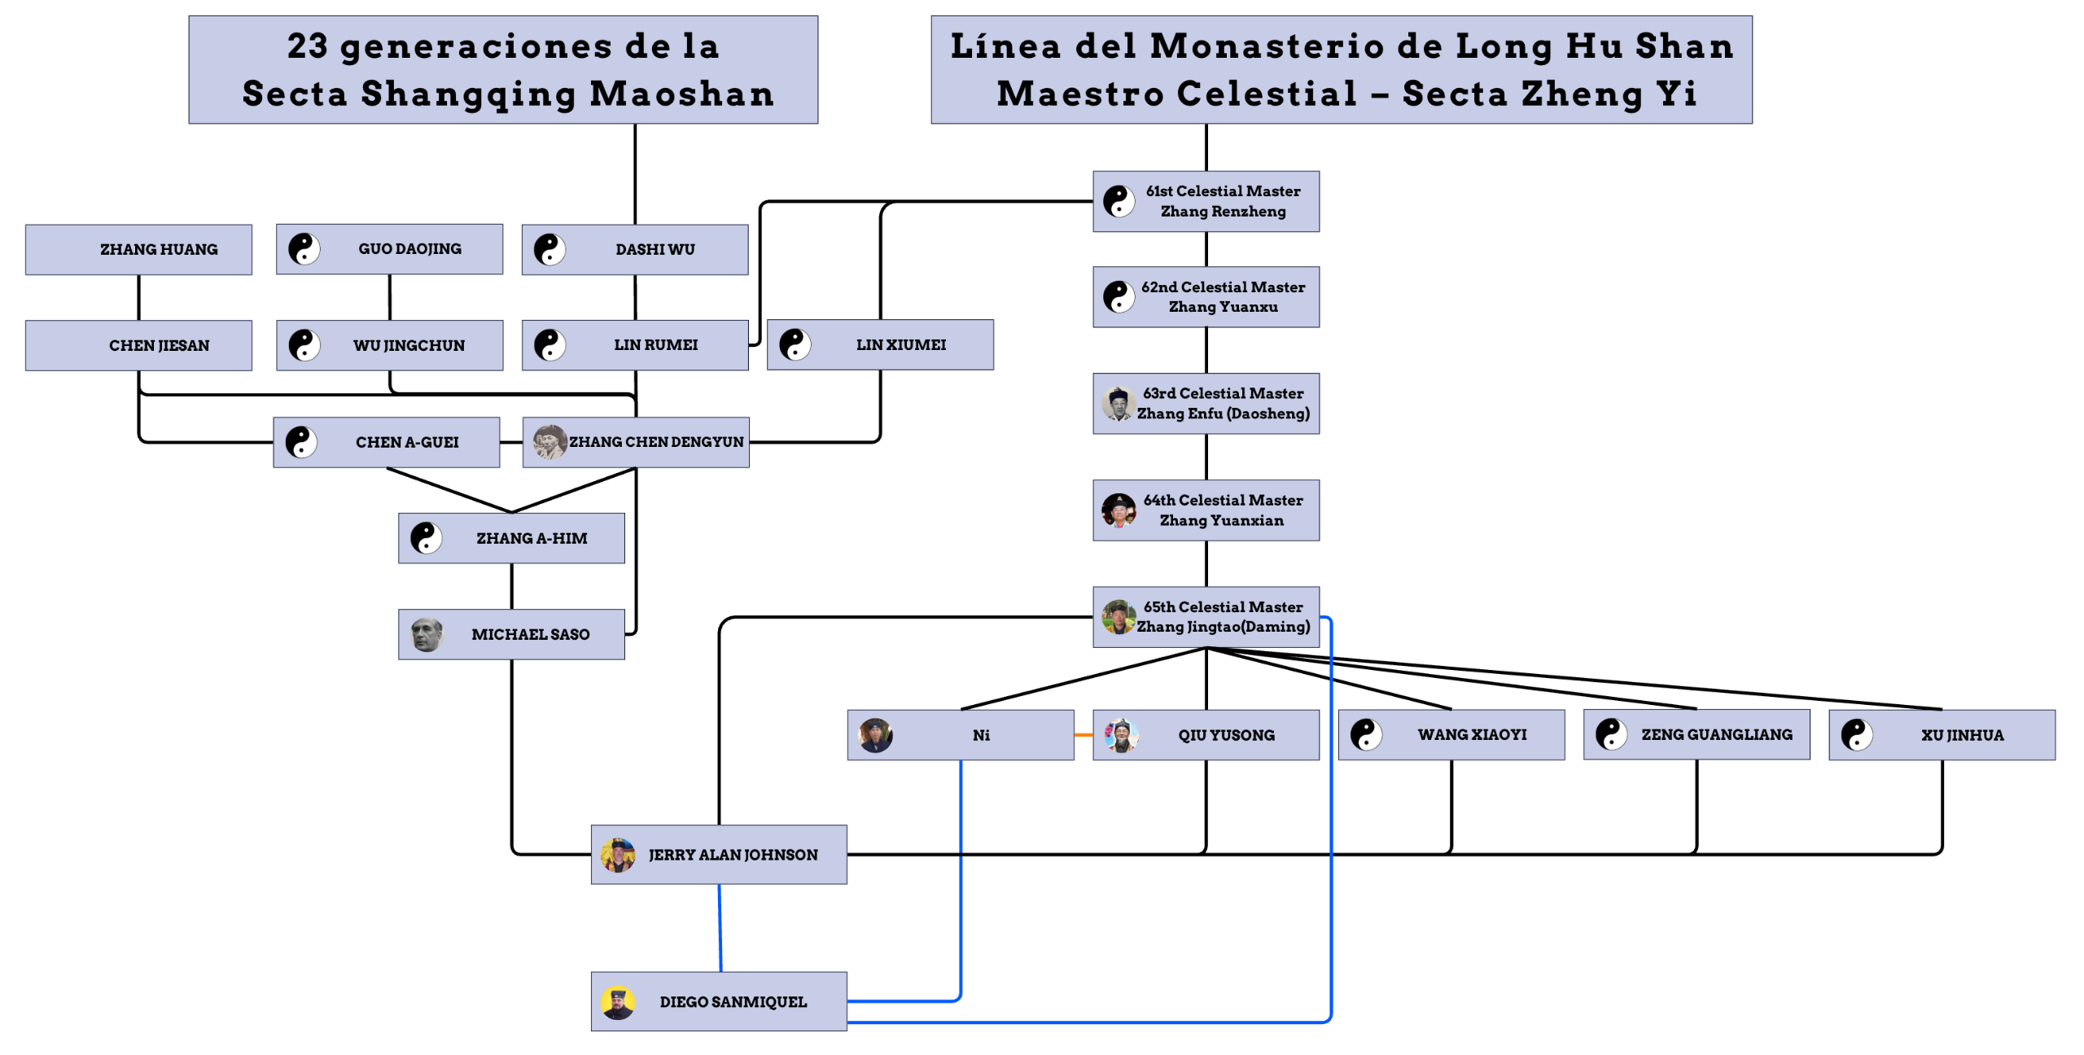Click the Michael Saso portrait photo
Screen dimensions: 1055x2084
pos(426,634)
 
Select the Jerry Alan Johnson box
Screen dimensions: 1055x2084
pos(718,854)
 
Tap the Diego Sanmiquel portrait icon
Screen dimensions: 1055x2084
pos(617,1002)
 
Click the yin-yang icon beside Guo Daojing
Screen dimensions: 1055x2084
pos(304,249)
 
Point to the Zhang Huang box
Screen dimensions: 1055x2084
pos(138,249)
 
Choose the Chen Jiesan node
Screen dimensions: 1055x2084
pos(138,345)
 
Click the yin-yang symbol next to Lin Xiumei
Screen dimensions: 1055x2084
pos(795,344)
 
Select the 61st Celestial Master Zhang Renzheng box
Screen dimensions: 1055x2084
pos(1205,201)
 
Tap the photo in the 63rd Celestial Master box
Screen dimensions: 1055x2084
pos(1119,404)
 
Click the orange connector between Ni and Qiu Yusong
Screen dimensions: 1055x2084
pos(1083,735)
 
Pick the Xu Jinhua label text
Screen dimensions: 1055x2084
pos(1962,735)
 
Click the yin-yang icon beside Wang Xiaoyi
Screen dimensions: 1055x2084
pos(1365,734)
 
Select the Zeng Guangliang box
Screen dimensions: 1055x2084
pos(1696,734)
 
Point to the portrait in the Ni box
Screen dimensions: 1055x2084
pos(875,735)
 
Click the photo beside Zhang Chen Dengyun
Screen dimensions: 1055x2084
pos(549,442)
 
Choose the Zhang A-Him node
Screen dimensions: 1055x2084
pos(511,538)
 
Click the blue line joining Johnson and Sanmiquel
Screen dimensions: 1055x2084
pos(720,928)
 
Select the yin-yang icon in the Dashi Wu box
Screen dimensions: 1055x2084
pos(549,249)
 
